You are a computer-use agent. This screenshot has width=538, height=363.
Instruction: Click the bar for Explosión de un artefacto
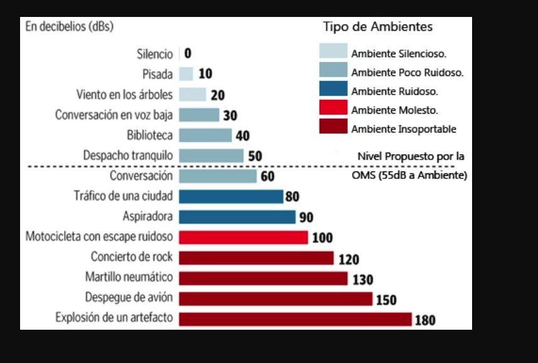coord(295,318)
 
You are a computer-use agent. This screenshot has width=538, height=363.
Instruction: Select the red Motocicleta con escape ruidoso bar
coord(243,237)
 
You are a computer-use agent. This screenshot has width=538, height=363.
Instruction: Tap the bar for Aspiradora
coord(237,217)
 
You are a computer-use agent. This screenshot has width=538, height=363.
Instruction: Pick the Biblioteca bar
coord(205,135)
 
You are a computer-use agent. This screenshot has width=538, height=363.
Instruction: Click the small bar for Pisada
coord(186,74)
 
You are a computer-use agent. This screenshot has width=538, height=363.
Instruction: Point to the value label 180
coord(425,320)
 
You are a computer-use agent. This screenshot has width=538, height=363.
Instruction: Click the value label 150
coord(386,300)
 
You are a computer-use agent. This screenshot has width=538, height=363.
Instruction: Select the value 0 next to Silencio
coord(188,54)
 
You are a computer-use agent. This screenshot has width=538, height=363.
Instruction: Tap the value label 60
coord(267,176)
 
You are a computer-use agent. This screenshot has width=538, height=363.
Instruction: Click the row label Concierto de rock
coord(131,257)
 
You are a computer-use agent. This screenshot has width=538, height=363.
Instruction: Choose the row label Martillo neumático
coord(129,277)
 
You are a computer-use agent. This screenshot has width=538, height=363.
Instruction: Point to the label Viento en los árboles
coord(124,95)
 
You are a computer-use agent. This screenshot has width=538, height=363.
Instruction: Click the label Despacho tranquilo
coord(127,155)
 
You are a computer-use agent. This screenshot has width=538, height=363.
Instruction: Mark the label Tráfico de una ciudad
coord(123,196)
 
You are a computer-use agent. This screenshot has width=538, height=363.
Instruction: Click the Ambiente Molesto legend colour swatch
coord(333,109)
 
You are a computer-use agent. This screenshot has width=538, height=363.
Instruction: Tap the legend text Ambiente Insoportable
coord(404,129)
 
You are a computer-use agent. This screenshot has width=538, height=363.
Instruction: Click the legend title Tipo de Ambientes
coord(378,27)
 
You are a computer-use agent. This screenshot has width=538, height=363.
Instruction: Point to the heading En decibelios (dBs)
coord(69,26)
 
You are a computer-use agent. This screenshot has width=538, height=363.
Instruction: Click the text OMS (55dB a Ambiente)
coord(409,175)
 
